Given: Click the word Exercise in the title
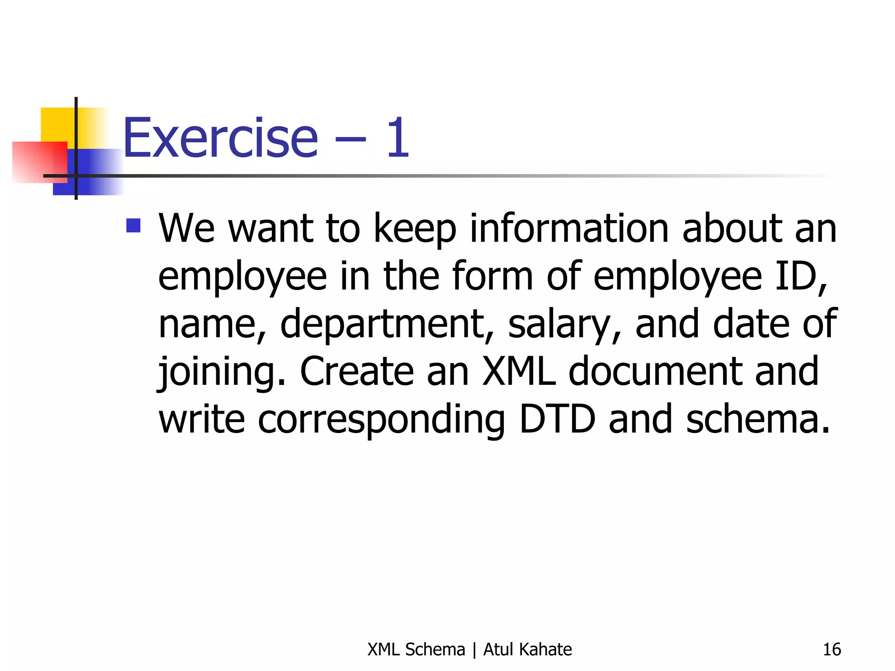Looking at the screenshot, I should tap(220, 138).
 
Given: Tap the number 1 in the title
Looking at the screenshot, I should tap(398, 138).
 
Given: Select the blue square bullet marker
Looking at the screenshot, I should tap(133, 226).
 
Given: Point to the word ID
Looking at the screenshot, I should tap(801, 276).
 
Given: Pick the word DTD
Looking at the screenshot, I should tap(557, 419).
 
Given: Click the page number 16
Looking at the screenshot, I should tap(832, 650).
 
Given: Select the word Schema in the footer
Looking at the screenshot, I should tap(435, 650).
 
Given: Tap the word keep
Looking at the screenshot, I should tap(415, 230).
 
